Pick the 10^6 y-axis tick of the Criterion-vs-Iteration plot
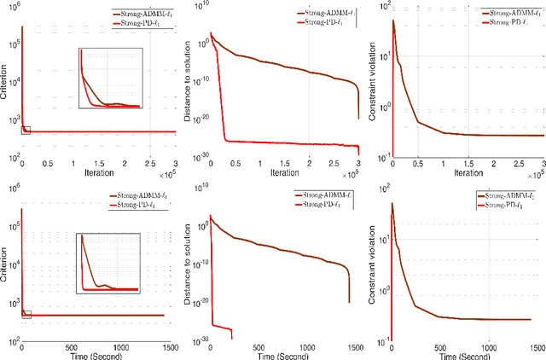(12, 8)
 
